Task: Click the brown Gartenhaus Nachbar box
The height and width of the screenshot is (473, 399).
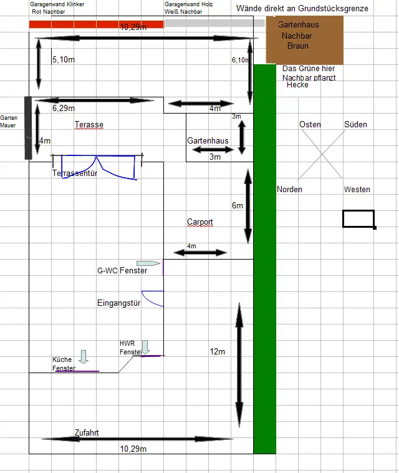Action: point(304,40)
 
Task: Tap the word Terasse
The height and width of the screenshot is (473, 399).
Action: point(89,125)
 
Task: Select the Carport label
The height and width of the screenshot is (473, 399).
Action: point(199,222)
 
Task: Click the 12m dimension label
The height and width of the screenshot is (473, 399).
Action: point(218,351)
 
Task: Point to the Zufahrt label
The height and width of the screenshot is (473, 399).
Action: point(87,432)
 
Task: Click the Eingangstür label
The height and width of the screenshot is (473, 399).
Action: point(118,303)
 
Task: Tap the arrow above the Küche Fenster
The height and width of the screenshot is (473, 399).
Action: point(84,357)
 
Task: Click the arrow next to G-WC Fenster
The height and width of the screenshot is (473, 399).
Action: point(148,263)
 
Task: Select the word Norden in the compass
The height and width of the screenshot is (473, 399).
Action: point(289,190)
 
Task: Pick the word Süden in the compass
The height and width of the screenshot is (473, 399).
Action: point(355,125)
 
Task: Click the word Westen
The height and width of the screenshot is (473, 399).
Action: point(357,190)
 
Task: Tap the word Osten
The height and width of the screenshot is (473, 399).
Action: point(310,125)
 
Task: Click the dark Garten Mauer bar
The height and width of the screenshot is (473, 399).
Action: point(28,128)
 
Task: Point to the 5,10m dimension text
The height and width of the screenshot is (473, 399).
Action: point(64,60)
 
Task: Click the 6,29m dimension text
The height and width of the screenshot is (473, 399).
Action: point(64,109)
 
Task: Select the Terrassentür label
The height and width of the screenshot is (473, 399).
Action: point(75,173)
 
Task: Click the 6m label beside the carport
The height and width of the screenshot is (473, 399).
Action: point(238,206)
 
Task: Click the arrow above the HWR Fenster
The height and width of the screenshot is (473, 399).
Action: point(145,347)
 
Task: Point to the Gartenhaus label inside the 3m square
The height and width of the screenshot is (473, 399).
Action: point(208,140)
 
